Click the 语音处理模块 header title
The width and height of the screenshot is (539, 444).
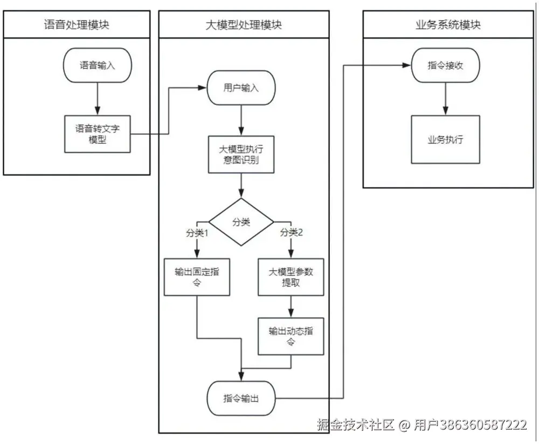click(x=76, y=24)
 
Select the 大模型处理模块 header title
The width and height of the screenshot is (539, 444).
click(x=244, y=24)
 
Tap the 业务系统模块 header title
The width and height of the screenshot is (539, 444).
click(x=448, y=24)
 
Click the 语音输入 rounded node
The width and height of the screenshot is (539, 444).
click(x=97, y=65)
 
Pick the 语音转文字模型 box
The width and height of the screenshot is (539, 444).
click(x=98, y=134)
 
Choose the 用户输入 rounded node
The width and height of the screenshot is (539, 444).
click(x=241, y=87)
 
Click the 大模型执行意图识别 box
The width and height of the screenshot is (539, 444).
click(x=241, y=154)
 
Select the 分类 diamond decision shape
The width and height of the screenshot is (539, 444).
click(x=241, y=222)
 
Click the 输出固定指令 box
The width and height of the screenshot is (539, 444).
click(x=197, y=277)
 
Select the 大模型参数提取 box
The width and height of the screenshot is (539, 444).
click(x=291, y=277)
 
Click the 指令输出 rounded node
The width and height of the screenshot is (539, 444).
click(x=241, y=399)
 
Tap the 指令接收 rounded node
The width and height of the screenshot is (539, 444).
click(x=445, y=65)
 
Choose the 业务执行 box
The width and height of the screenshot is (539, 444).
click(x=445, y=139)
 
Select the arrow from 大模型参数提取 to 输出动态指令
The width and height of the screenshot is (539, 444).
click(x=291, y=306)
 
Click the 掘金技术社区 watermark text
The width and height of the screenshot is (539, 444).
click(x=356, y=425)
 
